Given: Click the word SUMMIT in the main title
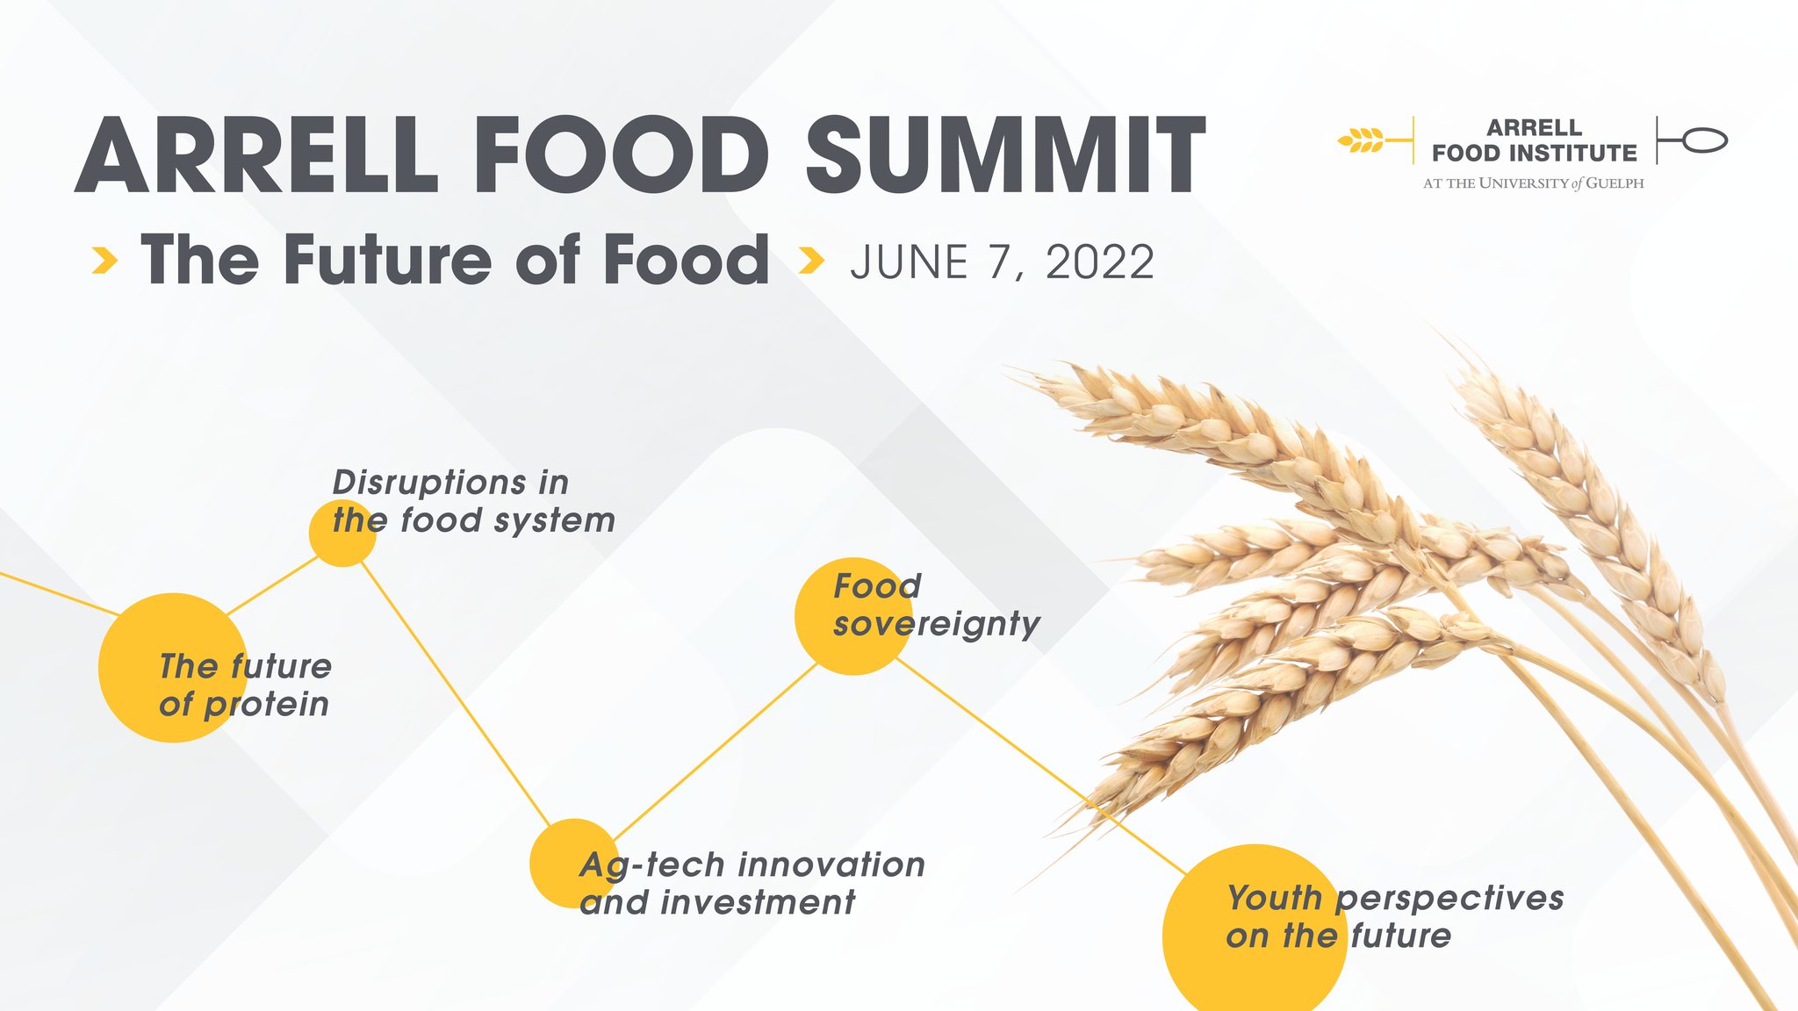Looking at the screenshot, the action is coord(1006,155).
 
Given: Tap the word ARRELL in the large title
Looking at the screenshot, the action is coord(256,155).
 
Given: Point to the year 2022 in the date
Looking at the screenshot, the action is coord(1100,262).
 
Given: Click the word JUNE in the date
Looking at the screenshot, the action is coord(909,262).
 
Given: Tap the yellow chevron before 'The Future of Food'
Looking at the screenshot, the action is coord(105,260).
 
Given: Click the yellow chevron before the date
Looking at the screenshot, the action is coord(812,260).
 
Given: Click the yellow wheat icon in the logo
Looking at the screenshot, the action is coord(1361,140).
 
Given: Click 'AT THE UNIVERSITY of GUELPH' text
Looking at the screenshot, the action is coord(1534,183).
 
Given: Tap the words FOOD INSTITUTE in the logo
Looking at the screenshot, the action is coord(1535,154).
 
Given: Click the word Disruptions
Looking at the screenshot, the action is coord(430,484).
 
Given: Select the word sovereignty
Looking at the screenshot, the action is coord(937,625).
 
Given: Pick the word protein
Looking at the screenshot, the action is coord(267,706).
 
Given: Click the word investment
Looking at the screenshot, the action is coord(759,902).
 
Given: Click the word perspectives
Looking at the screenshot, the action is coord(1450,900).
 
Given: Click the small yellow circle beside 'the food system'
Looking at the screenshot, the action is coord(342,533).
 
